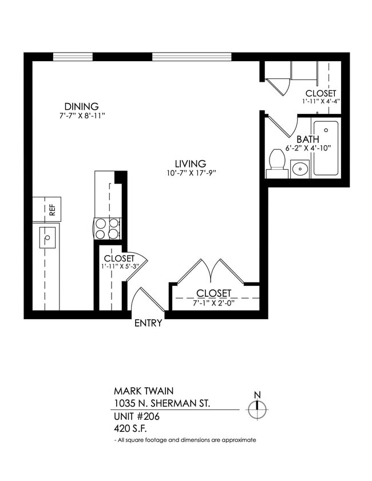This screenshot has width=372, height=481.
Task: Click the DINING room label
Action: (x=81, y=106)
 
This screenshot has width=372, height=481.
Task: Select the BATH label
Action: (x=307, y=139)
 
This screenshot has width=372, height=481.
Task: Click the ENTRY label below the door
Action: (x=148, y=323)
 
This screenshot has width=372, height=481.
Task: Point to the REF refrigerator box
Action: (x=47, y=209)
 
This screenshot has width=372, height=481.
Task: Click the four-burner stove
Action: (x=107, y=228)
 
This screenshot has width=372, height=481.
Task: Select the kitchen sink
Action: (x=48, y=237)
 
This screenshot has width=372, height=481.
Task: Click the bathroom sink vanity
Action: (x=300, y=169)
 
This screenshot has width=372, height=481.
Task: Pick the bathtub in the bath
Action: (x=326, y=147)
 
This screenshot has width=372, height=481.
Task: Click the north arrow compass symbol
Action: (x=258, y=407)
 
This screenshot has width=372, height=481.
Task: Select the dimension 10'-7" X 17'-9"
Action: (x=191, y=173)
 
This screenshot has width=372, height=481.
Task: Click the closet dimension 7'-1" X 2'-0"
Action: (x=213, y=303)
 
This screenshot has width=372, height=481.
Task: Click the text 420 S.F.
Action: (x=130, y=428)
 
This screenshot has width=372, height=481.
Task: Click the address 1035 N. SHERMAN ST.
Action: (x=162, y=404)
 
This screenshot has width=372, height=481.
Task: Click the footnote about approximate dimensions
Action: (x=185, y=440)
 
